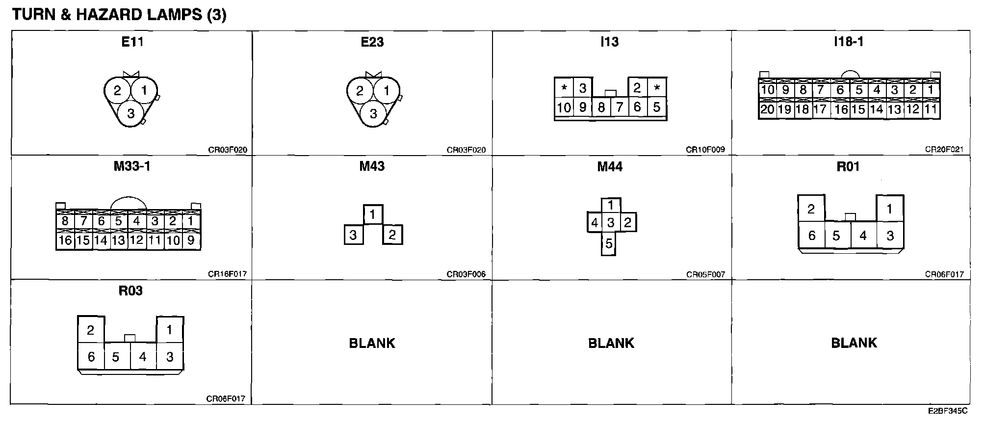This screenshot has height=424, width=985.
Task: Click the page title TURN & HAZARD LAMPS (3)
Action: (x=119, y=15)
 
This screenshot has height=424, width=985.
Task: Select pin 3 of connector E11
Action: (x=130, y=114)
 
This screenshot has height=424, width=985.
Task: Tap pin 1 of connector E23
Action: (x=387, y=91)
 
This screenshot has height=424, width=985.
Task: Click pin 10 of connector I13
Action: (x=564, y=107)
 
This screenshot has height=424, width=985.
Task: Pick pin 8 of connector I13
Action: (x=601, y=107)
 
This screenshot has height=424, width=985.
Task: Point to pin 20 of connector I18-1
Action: (x=767, y=109)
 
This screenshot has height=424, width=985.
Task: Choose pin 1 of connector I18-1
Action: (x=931, y=90)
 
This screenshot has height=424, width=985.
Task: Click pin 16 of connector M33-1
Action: (x=65, y=240)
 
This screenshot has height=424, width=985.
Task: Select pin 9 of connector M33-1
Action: (x=191, y=240)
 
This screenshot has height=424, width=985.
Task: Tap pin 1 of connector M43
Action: (x=373, y=214)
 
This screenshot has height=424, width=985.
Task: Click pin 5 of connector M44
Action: (x=609, y=244)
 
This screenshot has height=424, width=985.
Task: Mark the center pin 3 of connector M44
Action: (x=610, y=223)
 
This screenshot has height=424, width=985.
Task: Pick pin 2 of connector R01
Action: (x=811, y=209)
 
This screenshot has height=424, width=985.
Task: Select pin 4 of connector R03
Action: (x=143, y=357)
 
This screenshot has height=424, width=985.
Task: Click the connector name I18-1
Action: (x=849, y=42)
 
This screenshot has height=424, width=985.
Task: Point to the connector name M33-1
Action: (x=132, y=166)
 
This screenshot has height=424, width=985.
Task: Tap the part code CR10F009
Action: (x=705, y=150)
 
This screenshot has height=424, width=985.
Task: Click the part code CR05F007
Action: (x=705, y=274)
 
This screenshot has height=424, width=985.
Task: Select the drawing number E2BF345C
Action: (x=948, y=410)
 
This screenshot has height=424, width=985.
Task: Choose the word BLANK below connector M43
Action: (x=372, y=343)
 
